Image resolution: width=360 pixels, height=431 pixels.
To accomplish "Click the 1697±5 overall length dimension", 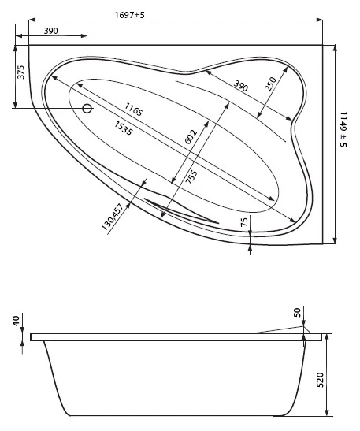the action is coord(129,15).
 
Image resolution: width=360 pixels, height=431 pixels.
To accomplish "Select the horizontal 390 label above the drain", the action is coord(51,31).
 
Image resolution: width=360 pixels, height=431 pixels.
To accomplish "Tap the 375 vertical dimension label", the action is coord(21,72).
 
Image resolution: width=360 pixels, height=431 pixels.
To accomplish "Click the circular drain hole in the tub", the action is coord(87,109).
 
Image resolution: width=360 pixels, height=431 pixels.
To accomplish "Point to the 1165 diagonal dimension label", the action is coord(134,109).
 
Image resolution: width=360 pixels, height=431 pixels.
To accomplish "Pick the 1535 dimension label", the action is coord(124,128).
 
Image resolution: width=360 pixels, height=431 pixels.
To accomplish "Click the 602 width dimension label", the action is coord(191,136).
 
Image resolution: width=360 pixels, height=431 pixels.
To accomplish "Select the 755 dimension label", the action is coord(191,177).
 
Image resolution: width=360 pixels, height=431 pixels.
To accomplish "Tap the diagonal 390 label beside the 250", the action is coord(241,85).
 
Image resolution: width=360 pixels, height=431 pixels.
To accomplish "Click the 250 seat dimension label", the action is coord(270,84).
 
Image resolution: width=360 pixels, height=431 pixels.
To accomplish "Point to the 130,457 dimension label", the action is coord(112,217).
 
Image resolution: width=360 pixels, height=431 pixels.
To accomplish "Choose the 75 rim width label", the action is coord(244,221).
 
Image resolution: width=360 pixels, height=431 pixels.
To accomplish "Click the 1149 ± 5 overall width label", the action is coord(343,129).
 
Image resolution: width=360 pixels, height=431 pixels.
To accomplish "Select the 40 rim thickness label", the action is coord(17,321).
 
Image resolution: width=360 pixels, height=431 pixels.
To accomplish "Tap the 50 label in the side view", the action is coord(297,313).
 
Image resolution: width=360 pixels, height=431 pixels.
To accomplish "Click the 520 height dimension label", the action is coord(320,380).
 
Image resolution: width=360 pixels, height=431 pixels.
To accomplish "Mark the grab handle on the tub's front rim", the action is coord(181,211).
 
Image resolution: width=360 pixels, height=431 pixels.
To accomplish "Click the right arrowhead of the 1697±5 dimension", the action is coord(319,20).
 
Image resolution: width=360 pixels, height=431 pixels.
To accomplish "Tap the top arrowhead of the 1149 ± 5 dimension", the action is coord(335,48).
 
